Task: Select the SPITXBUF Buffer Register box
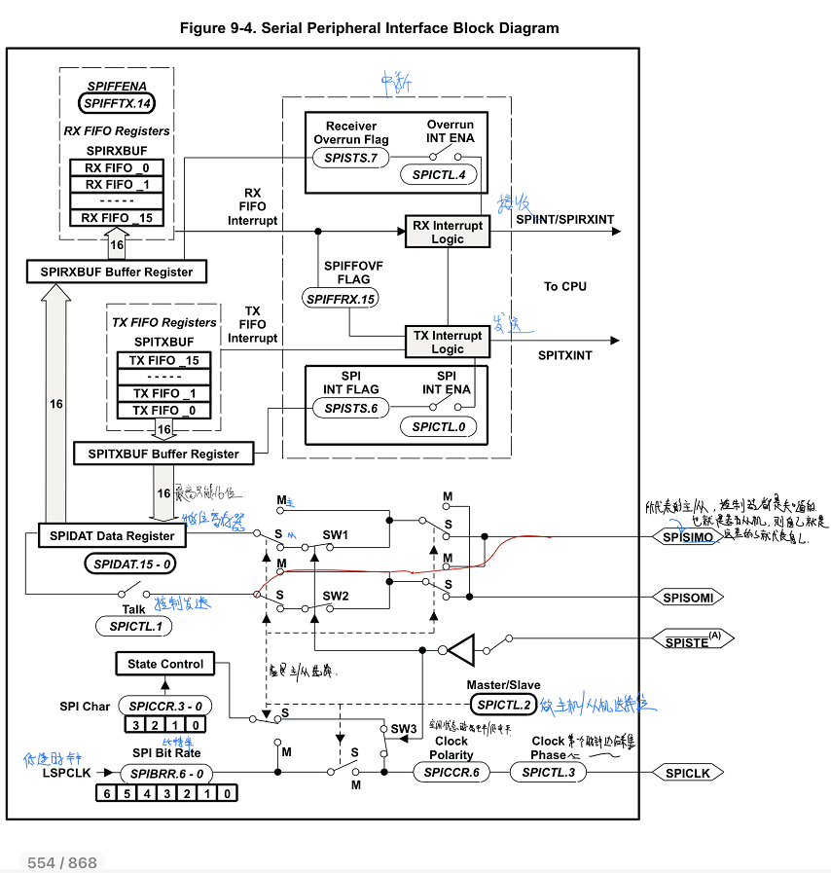pyautogui.click(x=163, y=454)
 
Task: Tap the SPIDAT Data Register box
pyautogui.click(x=109, y=535)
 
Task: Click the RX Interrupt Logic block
pyautogui.click(x=448, y=232)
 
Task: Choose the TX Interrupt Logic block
pyautogui.click(x=448, y=342)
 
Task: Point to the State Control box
pyautogui.click(x=165, y=664)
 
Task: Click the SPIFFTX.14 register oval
pyautogui.click(x=117, y=102)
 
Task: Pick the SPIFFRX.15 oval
pyautogui.click(x=340, y=300)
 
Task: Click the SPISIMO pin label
pyautogui.click(x=688, y=537)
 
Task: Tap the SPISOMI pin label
pyautogui.click(x=689, y=597)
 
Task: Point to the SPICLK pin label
pyautogui.click(x=688, y=773)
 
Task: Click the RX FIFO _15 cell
pyautogui.click(x=117, y=217)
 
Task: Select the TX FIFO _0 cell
pyautogui.click(x=163, y=411)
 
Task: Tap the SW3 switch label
pyautogui.click(x=403, y=728)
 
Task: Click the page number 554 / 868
pyautogui.click(x=62, y=862)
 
